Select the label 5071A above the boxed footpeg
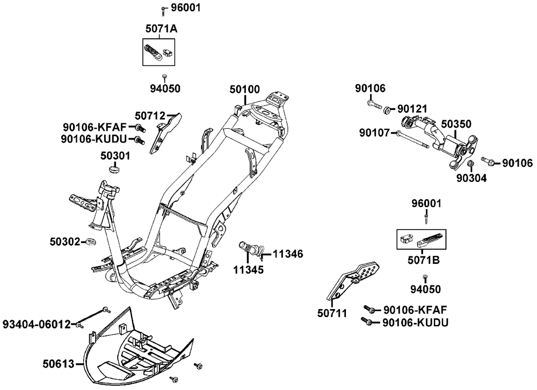pos(161,28)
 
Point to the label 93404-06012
pos(37,324)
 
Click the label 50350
pos(456,124)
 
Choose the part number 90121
pos(413,109)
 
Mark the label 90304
pos(471,178)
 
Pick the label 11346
pos(288,253)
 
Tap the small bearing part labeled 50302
pos(90,242)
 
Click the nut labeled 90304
pos(469,164)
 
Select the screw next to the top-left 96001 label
pos(163,10)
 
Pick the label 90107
pos(375,131)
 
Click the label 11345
pos(249,269)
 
